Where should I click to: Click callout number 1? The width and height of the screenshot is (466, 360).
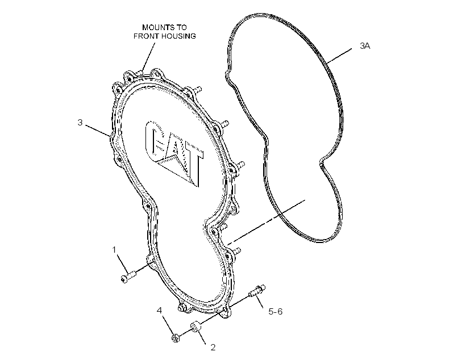click(114, 249)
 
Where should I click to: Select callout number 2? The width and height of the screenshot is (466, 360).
click(213, 348)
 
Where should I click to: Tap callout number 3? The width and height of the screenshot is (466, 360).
click(80, 123)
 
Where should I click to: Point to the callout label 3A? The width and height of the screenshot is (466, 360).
click(365, 46)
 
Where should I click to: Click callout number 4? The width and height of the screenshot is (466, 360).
click(160, 311)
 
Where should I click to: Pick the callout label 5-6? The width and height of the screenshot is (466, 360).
click(276, 311)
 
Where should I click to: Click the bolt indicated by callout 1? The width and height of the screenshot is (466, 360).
click(128, 276)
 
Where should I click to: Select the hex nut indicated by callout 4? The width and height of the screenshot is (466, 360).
click(176, 338)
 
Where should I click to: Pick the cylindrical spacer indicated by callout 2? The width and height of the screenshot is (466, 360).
click(196, 326)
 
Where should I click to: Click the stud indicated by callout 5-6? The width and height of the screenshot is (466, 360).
click(257, 291)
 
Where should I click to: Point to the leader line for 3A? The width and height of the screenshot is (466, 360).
click(339, 56)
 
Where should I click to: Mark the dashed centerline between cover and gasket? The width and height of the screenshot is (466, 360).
click(267, 222)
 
